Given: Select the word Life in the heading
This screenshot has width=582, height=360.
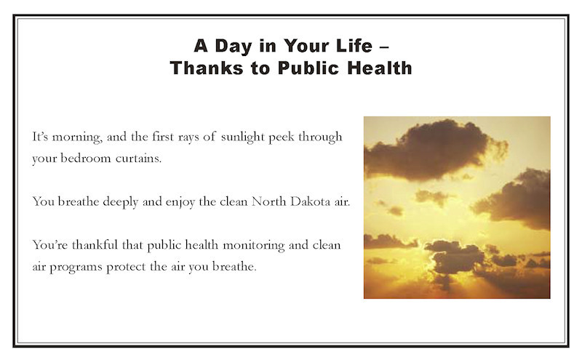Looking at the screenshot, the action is click(354, 46).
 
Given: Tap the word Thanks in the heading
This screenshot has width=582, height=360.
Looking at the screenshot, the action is click(207, 68).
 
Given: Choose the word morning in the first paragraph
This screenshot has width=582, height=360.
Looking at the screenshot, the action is click(77, 137).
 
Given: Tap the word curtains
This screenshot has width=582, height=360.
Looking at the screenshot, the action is click(138, 159).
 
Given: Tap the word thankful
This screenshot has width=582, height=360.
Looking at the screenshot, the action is click(95, 245).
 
